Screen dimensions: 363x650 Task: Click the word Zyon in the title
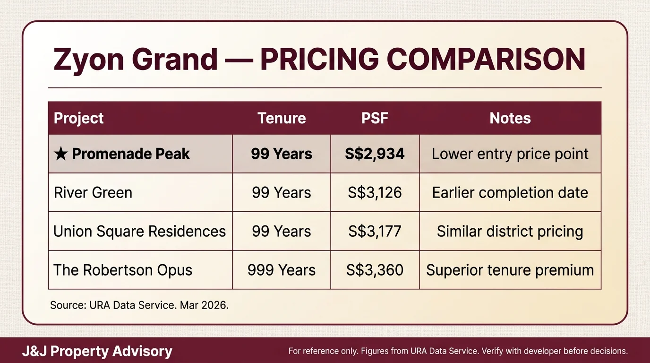tap(88, 60)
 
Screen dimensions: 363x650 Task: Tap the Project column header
tap(79, 118)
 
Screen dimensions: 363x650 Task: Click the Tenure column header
tap(282, 118)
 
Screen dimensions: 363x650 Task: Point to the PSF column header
tap(375, 118)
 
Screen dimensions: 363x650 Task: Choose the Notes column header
tap(510, 118)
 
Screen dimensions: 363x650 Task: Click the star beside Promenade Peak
tap(60, 154)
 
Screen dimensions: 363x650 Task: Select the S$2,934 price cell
tap(375, 154)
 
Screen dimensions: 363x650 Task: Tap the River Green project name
tap(93, 193)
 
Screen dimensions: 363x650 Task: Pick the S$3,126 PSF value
tap(375, 193)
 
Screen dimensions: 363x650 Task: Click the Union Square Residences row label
tap(139, 232)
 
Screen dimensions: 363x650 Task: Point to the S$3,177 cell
tap(375, 232)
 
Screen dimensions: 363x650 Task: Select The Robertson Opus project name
tap(123, 270)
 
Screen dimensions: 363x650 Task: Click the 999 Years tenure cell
tap(282, 270)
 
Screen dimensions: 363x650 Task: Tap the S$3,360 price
tap(375, 270)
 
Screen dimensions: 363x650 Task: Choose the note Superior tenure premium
tap(510, 270)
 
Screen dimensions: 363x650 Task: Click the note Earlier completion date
tap(510, 193)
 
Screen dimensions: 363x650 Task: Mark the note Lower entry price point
tap(510, 154)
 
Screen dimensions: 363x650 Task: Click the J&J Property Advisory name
tap(97, 352)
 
